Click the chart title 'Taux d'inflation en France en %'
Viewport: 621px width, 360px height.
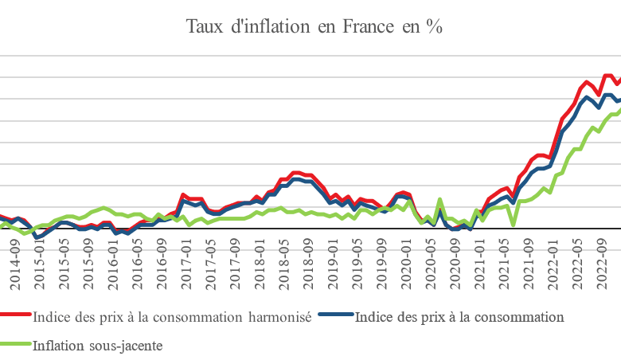(314, 26)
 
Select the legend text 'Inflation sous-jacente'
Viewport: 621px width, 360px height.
(98, 345)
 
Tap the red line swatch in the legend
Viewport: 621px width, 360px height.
(16, 317)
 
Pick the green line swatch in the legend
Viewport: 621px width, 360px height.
(16, 345)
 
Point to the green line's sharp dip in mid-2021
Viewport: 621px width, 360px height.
(514, 225)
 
